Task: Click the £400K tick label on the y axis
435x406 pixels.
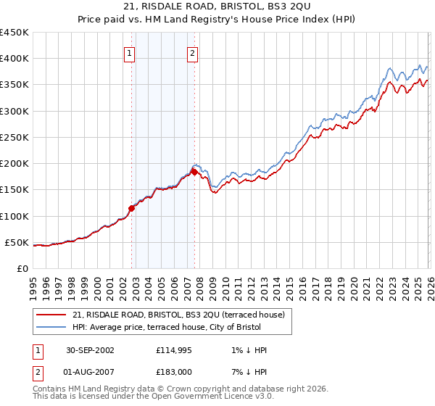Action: [x=14, y=59]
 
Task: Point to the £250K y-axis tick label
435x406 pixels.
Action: [x=14, y=137]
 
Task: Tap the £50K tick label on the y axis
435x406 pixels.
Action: [x=17, y=242]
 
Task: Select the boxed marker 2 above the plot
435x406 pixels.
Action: [x=193, y=52]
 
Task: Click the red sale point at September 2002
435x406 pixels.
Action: [x=132, y=208]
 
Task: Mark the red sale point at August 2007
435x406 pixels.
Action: [x=194, y=173]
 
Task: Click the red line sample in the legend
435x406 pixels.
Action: [x=51, y=315]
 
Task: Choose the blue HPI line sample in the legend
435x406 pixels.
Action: [x=51, y=328]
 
